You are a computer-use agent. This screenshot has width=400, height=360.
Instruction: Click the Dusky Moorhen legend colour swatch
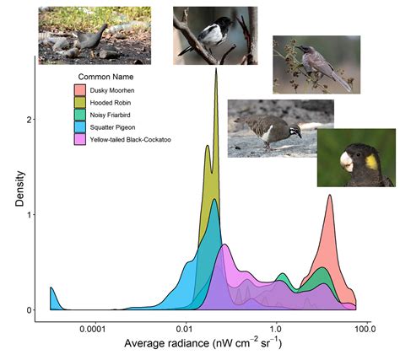click(78, 90)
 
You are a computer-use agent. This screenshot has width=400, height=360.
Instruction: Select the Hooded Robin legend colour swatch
click(78, 102)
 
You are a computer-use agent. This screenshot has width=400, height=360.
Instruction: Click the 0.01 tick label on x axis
click(185, 329)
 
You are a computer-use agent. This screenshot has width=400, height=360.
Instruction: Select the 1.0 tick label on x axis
click(275, 329)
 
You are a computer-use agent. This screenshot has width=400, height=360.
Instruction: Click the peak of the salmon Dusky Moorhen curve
click(329, 196)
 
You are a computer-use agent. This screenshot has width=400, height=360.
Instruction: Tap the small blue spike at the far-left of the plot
click(51, 291)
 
